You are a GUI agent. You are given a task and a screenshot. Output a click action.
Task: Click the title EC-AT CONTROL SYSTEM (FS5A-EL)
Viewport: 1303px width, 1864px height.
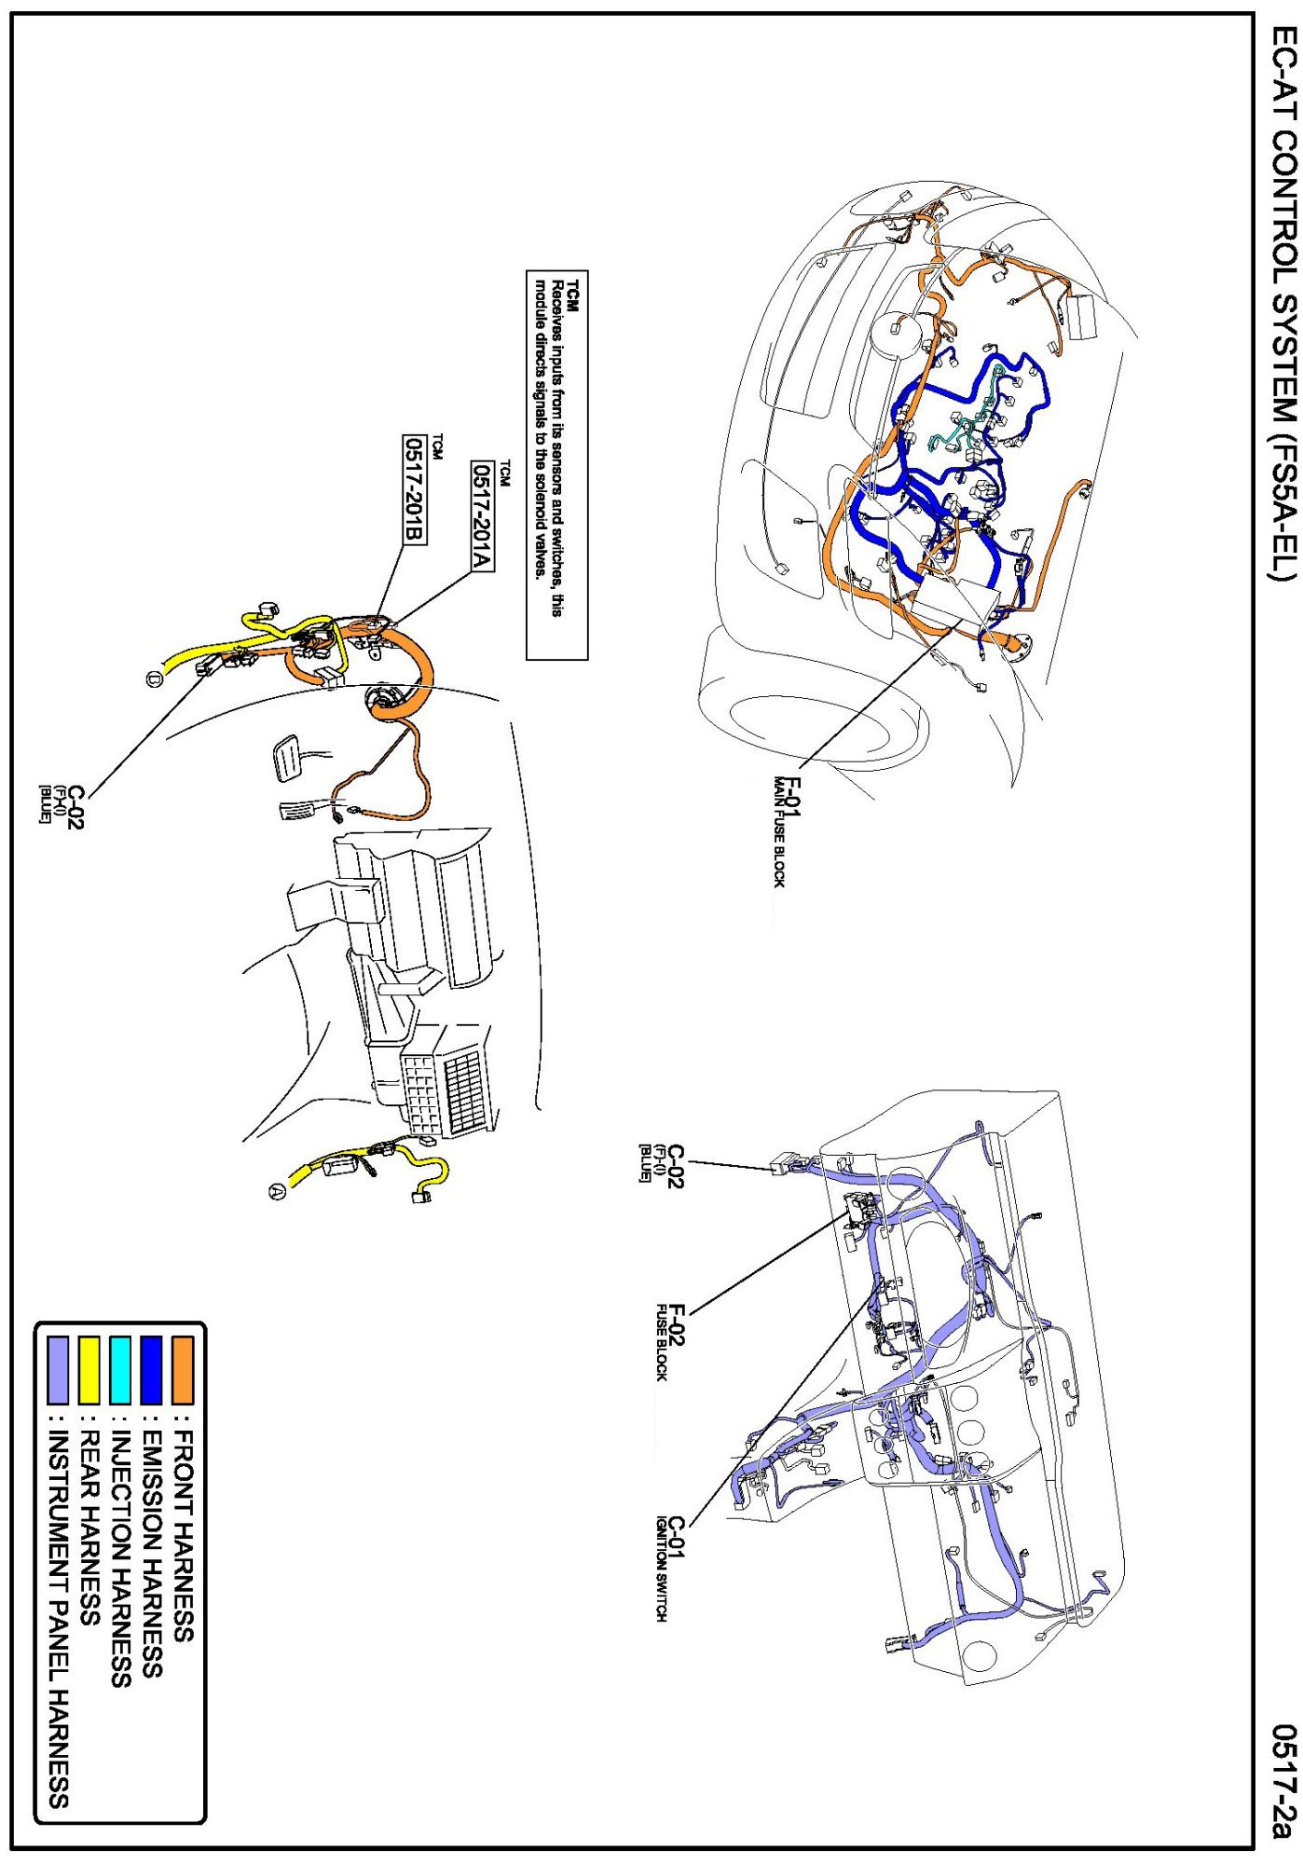[1284, 317]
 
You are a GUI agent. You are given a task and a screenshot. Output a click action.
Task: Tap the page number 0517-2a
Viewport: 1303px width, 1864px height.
[1284, 1780]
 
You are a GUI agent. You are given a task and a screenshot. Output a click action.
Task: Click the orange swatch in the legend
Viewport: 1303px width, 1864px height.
[183, 1369]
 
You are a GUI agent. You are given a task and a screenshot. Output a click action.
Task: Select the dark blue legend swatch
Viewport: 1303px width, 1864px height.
[151, 1369]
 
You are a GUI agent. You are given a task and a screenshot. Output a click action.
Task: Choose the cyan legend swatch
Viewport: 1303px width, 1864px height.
[120, 1369]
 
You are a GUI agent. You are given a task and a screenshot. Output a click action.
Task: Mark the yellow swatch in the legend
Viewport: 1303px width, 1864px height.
[89, 1369]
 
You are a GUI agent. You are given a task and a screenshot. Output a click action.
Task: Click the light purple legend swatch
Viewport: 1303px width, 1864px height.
[58, 1369]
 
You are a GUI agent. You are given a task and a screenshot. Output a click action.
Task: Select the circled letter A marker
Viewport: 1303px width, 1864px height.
[277, 1191]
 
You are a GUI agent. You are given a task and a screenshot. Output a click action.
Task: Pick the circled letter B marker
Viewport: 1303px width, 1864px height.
[154, 678]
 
